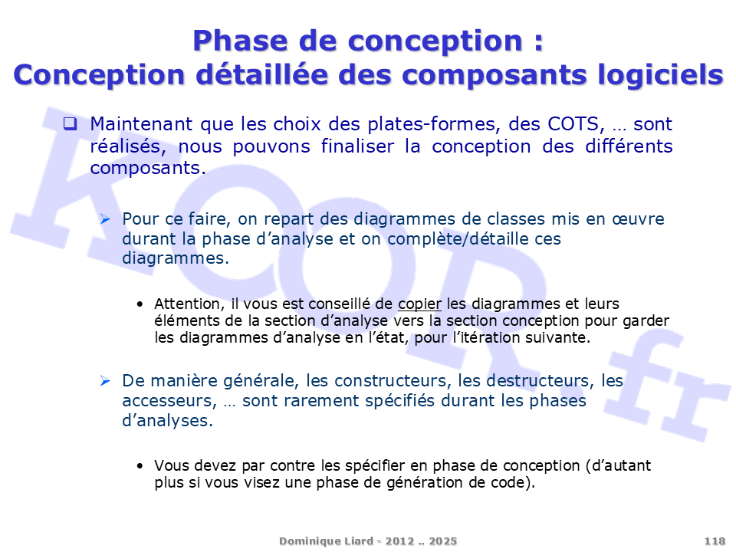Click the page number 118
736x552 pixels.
point(715,541)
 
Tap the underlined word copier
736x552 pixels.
point(419,304)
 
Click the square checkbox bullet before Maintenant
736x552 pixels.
point(71,124)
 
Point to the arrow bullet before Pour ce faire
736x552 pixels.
point(105,219)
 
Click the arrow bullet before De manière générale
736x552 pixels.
point(105,381)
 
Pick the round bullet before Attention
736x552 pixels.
point(140,304)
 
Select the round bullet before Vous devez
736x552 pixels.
point(140,466)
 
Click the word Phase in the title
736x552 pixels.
point(240,41)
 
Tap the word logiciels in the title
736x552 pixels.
point(660,75)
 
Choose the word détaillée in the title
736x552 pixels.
point(261,74)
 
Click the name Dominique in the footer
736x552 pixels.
point(306,541)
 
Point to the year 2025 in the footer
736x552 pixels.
point(442,541)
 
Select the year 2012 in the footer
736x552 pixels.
point(399,541)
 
